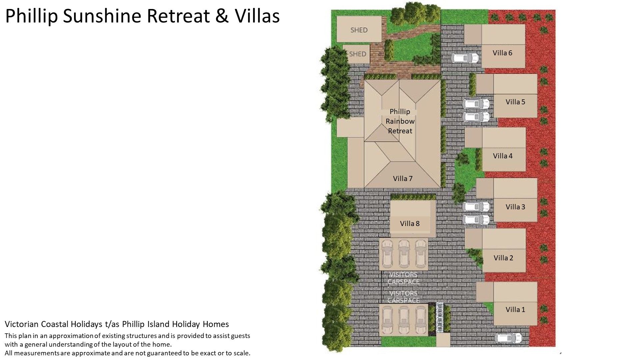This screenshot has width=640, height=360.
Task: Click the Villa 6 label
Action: point(502,53)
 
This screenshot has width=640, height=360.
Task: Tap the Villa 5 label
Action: point(515,102)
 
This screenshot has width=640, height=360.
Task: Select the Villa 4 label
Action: point(503,156)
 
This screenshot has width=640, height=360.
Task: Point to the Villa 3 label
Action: point(515,207)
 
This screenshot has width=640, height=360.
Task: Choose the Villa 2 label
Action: point(503,258)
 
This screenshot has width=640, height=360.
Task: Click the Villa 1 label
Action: point(515,310)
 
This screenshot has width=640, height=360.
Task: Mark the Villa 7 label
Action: point(403,179)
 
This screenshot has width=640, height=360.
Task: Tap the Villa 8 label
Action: point(410,224)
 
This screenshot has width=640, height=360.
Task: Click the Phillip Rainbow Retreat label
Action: point(400,121)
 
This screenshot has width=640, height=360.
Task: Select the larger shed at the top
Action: point(359,29)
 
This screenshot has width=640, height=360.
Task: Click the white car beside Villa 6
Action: point(465,58)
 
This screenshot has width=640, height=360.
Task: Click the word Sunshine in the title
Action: point(103,16)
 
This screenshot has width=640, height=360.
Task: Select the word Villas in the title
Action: point(257,16)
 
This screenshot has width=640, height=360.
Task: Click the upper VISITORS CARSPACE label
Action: point(403,278)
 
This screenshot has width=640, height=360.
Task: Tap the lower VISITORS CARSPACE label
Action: point(403,297)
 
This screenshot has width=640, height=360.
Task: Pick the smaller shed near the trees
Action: point(357,54)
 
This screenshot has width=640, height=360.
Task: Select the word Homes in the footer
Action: point(216,324)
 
